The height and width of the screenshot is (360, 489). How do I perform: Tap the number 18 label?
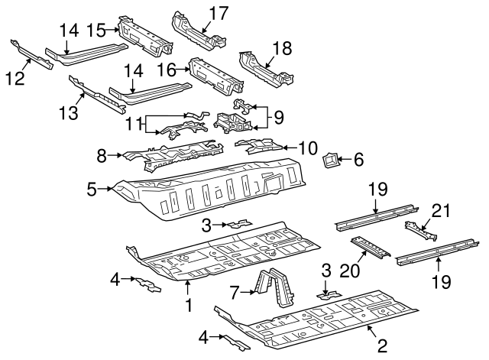282,48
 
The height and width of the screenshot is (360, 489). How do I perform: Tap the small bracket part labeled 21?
419,229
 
